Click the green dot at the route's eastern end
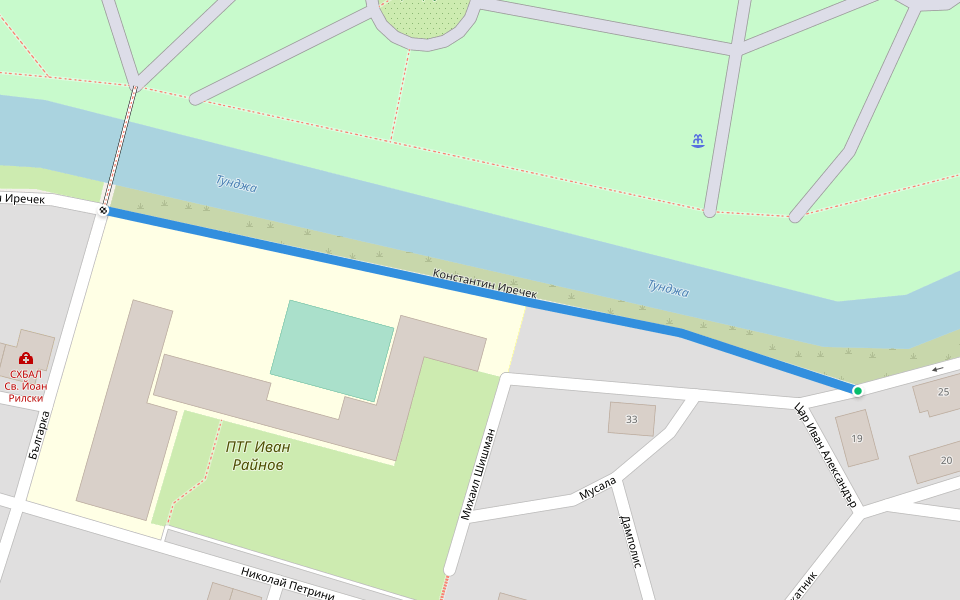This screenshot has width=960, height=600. pyautogui.click(x=858, y=390)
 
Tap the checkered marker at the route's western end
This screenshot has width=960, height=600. pyautogui.click(x=104, y=210)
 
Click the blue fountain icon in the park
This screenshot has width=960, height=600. pyautogui.click(x=698, y=141)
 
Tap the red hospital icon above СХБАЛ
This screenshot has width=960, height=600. pyautogui.click(x=26, y=357)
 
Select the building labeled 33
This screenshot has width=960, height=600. pyautogui.click(x=631, y=418)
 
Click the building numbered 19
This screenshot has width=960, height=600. pyautogui.click(x=857, y=438)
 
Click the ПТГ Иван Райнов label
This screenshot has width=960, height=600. pyautogui.click(x=258, y=456)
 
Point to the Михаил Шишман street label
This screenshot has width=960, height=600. pyautogui.click(x=479, y=474)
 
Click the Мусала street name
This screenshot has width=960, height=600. pyautogui.click(x=599, y=489)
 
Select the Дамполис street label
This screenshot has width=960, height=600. pyautogui.click(x=630, y=541)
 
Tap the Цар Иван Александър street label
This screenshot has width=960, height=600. pyautogui.click(x=826, y=453)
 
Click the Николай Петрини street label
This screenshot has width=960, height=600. pyautogui.click(x=287, y=582)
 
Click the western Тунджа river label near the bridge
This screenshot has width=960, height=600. pyautogui.click(x=236, y=183)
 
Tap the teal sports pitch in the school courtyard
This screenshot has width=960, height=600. pyautogui.click(x=332, y=350)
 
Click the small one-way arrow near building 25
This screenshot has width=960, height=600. pyautogui.click(x=937, y=369)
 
